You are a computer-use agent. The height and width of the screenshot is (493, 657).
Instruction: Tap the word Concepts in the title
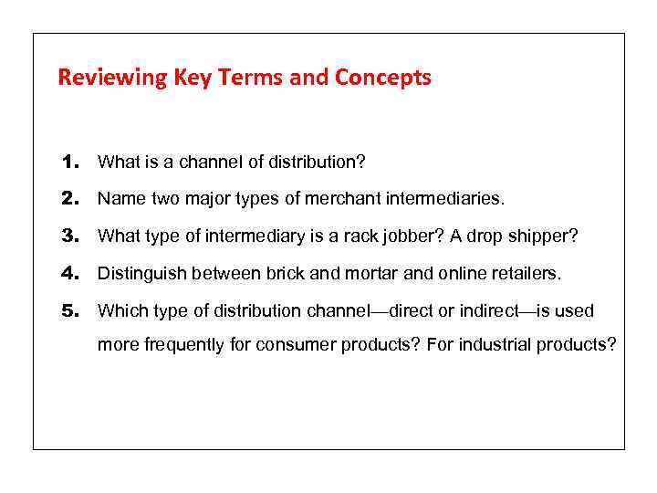tap(383, 78)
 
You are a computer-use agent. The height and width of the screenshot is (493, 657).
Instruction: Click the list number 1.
tap(71, 163)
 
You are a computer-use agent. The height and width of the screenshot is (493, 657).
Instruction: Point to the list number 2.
tap(71, 198)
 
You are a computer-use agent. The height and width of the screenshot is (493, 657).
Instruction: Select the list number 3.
tap(71, 236)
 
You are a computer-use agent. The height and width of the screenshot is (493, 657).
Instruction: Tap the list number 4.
tap(71, 273)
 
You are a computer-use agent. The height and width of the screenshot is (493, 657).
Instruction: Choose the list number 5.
tap(71, 310)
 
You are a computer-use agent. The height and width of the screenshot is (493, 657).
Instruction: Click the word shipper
tap(546, 236)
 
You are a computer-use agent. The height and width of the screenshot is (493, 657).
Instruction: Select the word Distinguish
tap(138, 273)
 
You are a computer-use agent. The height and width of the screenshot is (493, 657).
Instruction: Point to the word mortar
tap(360, 273)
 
